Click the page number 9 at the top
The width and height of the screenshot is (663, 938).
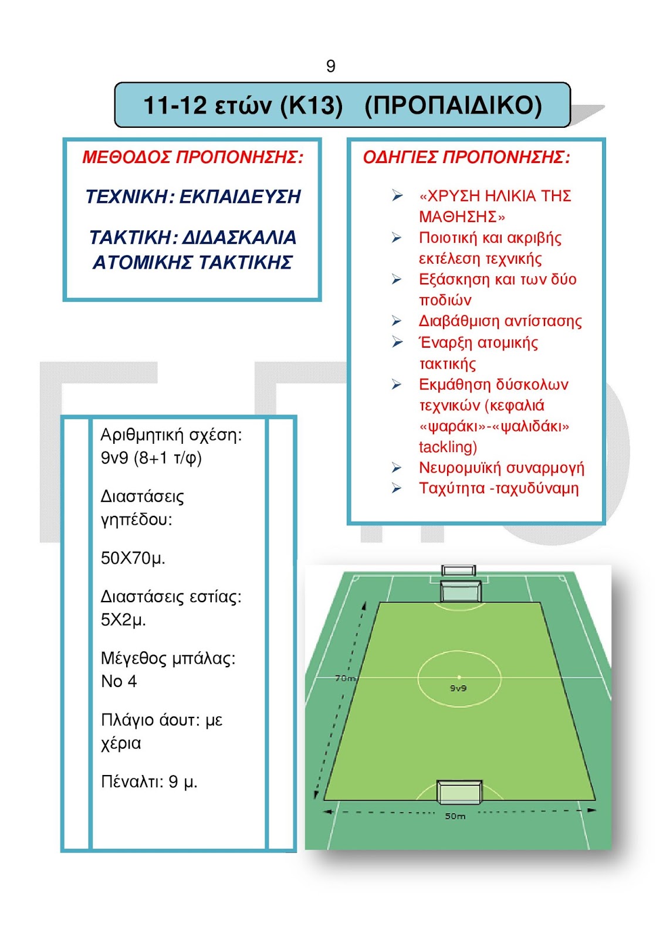tap(331, 66)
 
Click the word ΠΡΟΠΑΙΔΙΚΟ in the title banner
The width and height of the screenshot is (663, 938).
tap(453, 106)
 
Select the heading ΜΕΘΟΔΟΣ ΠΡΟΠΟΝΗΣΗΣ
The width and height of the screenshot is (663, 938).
tap(192, 157)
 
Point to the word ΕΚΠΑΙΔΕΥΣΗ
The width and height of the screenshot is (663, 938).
tap(240, 196)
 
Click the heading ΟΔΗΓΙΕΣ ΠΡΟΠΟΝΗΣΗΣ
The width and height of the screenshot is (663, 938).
tap(466, 157)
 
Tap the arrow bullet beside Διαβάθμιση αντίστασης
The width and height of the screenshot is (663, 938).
tap(397, 321)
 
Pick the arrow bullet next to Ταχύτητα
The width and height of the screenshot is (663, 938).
tap(397, 488)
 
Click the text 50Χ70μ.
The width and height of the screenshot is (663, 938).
tap(133, 558)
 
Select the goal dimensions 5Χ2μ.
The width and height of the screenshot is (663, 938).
tap(123, 620)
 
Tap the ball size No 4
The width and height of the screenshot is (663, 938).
tap(119, 681)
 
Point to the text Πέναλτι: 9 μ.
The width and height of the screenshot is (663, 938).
tap(149, 781)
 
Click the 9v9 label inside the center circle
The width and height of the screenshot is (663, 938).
tap(458, 688)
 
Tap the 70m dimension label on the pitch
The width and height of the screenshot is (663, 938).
tap(345, 678)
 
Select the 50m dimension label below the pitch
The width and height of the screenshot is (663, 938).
tap(455, 816)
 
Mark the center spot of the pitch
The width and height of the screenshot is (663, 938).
tap(459, 677)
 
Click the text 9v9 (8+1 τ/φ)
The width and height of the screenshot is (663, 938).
tap(151, 457)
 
